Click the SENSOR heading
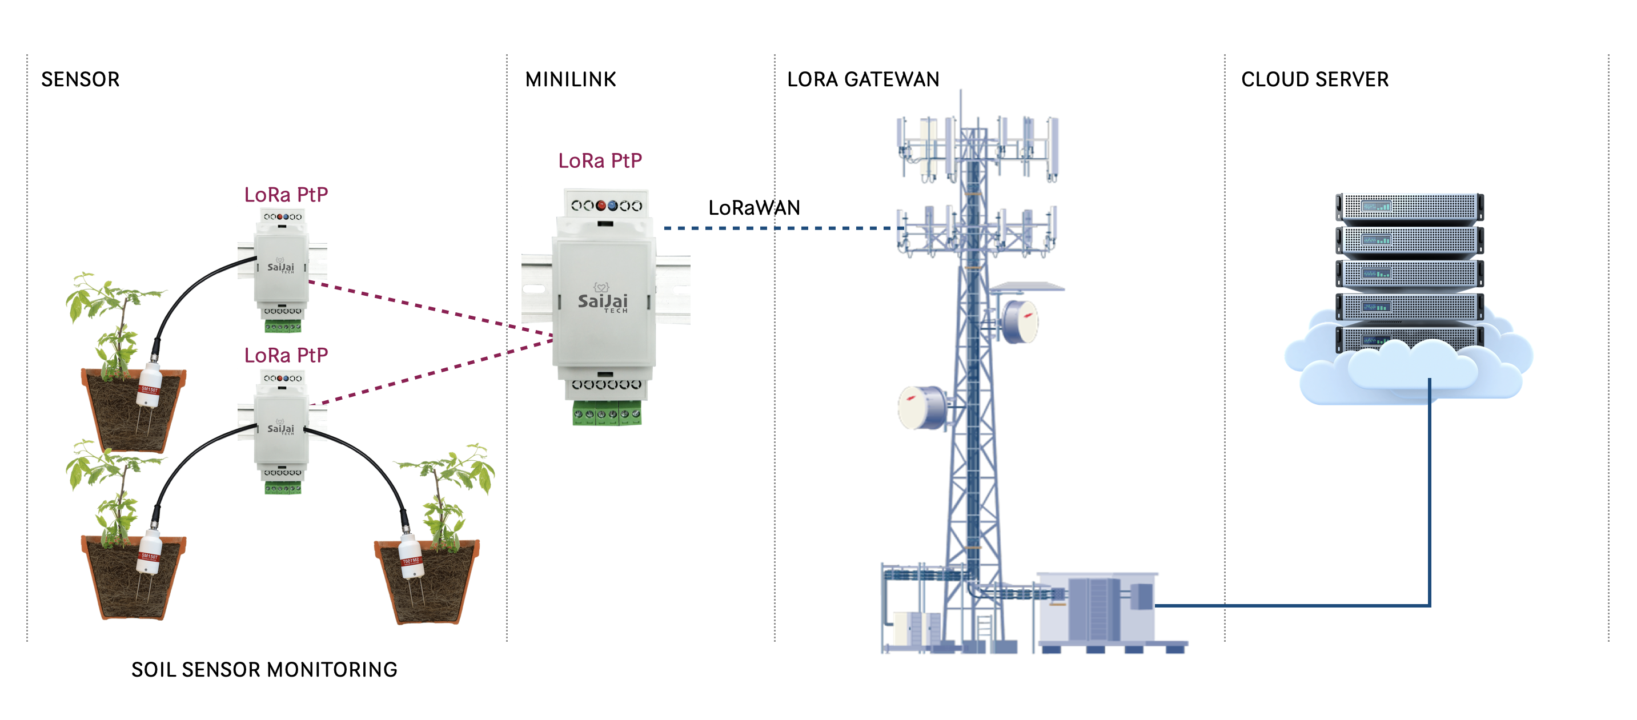pyautogui.click(x=80, y=79)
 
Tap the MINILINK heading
pyautogui.click(x=570, y=79)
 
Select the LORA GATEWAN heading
pyautogui.click(x=862, y=79)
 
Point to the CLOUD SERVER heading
pyautogui.click(x=1314, y=79)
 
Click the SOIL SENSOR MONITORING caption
pyautogui.click(x=264, y=669)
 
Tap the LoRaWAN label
pyautogui.click(x=754, y=208)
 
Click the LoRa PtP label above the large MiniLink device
pyautogui.click(x=599, y=161)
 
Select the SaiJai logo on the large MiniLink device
pyautogui.click(x=603, y=300)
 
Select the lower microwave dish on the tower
pyautogui.click(x=921, y=407)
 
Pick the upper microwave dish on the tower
pyautogui.click(x=1020, y=321)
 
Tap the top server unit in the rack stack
pyautogui.click(x=1409, y=207)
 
